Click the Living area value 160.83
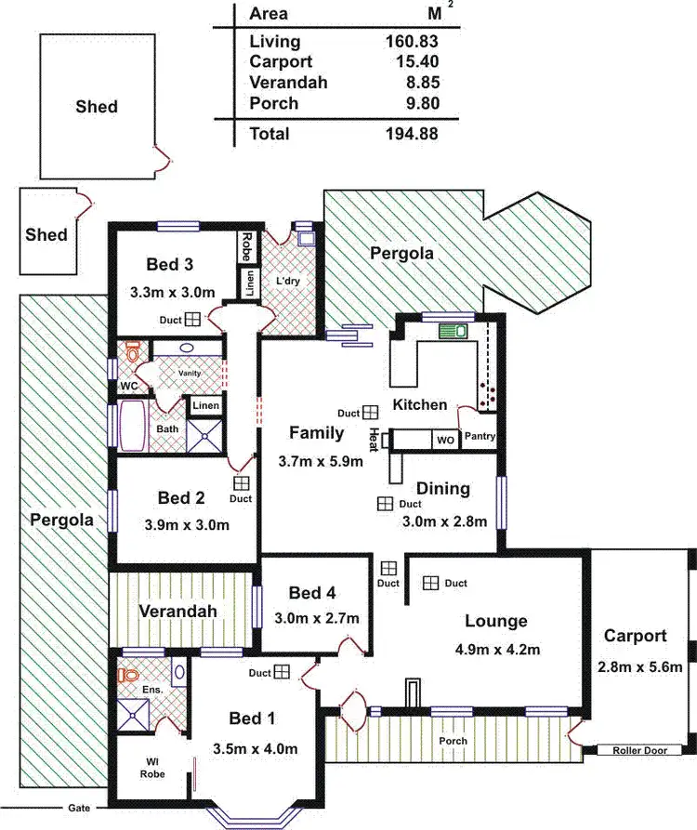click(x=411, y=41)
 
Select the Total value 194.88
click(x=411, y=134)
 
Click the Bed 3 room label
click(x=171, y=263)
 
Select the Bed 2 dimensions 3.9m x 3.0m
click(x=187, y=524)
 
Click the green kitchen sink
click(x=453, y=330)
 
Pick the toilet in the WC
click(x=133, y=353)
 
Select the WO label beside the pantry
click(x=445, y=441)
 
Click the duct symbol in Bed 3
click(x=191, y=319)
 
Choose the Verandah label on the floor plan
click(x=178, y=611)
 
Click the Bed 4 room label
click(x=312, y=593)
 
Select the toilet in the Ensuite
click(x=129, y=675)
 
